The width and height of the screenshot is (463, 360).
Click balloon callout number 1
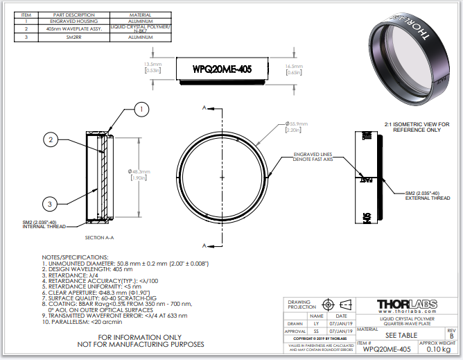tap(141, 109)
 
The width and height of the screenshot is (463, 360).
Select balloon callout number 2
tap(50, 140)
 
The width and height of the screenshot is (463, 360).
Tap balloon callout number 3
tap(50, 203)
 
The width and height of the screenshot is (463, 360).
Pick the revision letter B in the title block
tap(451, 336)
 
